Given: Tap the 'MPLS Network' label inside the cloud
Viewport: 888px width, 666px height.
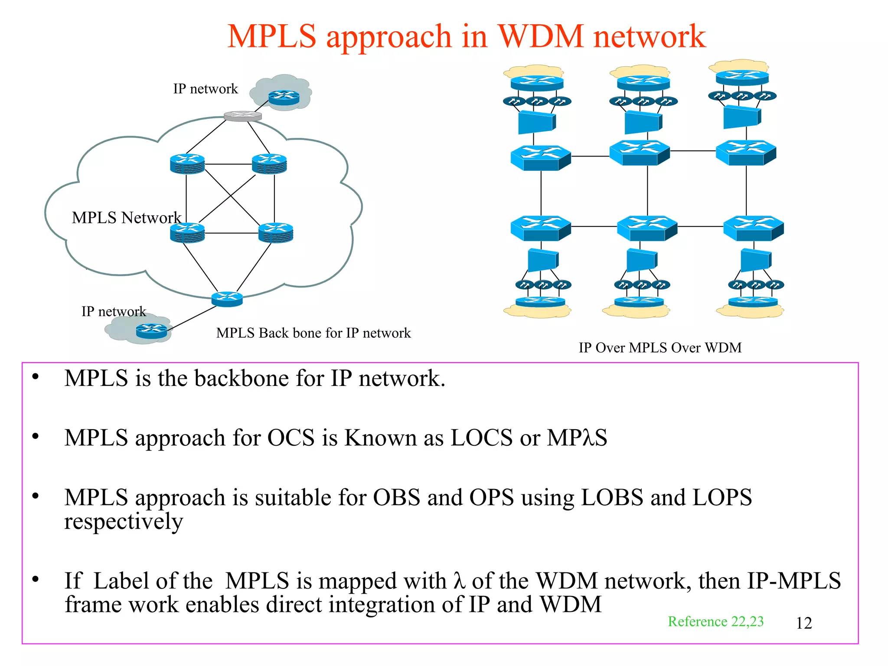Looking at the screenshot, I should coord(126,218).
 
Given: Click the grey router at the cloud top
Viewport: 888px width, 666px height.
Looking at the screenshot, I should coord(243,116).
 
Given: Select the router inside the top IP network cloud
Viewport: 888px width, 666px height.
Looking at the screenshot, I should coord(284,98).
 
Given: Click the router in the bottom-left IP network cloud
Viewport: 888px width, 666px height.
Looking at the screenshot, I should coord(151,331).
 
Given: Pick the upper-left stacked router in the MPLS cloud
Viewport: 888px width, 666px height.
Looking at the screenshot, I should coord(187,164).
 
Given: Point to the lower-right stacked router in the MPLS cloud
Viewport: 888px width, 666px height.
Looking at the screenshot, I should coord(275,233).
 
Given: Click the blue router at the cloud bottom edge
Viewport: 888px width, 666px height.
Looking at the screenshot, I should coord(227,299).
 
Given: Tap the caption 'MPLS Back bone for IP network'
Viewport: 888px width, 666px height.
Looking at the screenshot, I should coord(313,333).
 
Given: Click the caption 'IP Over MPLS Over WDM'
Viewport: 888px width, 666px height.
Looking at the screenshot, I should coord(660,348).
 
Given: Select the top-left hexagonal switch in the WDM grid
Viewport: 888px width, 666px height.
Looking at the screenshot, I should coord(540,158).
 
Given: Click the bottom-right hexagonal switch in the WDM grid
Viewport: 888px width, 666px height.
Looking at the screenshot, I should coord(754,229).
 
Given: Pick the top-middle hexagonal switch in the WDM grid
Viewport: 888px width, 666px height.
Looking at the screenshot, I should coord(640,153).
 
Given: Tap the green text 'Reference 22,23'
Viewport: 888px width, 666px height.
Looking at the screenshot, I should coord(715,621).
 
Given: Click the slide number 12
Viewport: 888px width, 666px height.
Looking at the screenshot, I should coord(804,623).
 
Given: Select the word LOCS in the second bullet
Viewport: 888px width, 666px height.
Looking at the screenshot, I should coord(482,437).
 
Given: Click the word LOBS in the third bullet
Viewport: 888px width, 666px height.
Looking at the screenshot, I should coord(612,497).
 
